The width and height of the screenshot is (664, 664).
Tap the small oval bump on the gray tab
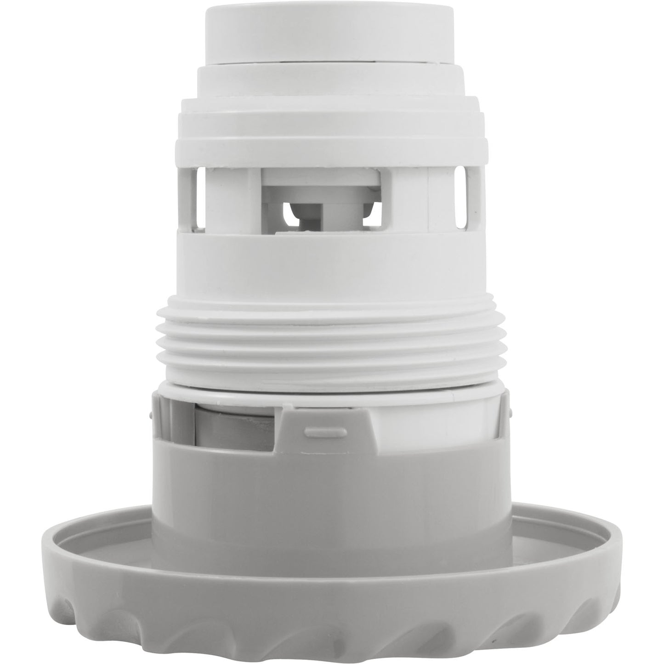click(320, 431)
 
